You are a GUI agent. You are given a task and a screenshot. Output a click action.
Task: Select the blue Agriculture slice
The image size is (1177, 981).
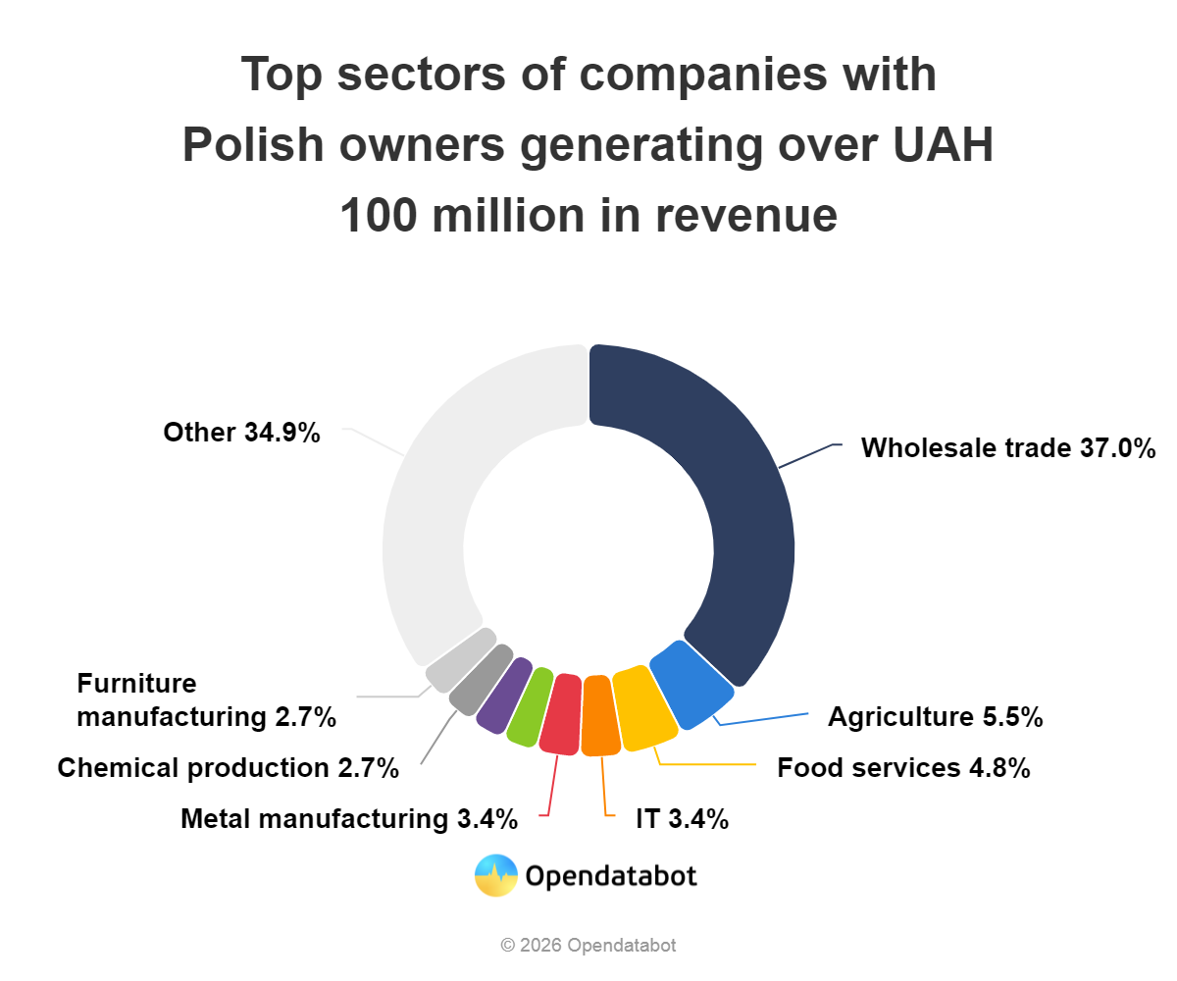point(692,685)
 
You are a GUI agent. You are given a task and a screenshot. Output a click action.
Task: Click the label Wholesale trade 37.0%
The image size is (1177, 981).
point(1008,448)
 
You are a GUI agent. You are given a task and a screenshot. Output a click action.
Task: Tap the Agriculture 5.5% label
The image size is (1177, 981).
point(935,717)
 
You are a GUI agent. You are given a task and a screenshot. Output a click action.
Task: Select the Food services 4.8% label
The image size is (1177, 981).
point(903,767)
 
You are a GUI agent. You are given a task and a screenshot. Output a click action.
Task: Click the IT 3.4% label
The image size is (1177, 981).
point(682,818)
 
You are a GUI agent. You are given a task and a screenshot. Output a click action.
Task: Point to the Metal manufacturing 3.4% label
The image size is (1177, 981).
point(349,818)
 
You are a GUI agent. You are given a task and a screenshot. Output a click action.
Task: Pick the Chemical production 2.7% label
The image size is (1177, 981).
point(229,767)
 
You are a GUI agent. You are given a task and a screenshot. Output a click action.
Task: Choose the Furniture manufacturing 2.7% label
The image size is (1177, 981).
point(207,700)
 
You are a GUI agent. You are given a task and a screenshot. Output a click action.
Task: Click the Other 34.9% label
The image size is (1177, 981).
point(241,433)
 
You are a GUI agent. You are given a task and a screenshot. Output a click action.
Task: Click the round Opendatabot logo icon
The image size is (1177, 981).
point(496,875)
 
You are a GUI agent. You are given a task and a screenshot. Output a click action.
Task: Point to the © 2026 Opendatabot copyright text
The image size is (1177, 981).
point(588,946)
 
